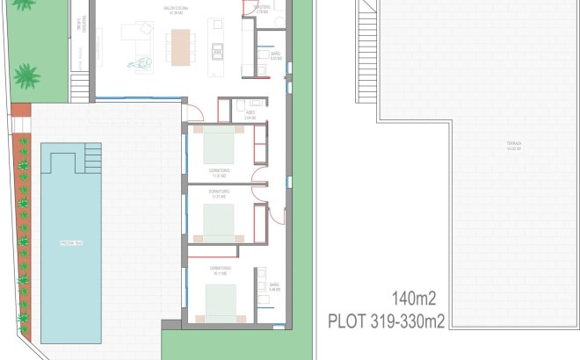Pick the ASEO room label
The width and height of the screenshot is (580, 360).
pos(250,113)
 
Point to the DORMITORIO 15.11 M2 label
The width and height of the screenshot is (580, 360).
pos(220,270)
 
